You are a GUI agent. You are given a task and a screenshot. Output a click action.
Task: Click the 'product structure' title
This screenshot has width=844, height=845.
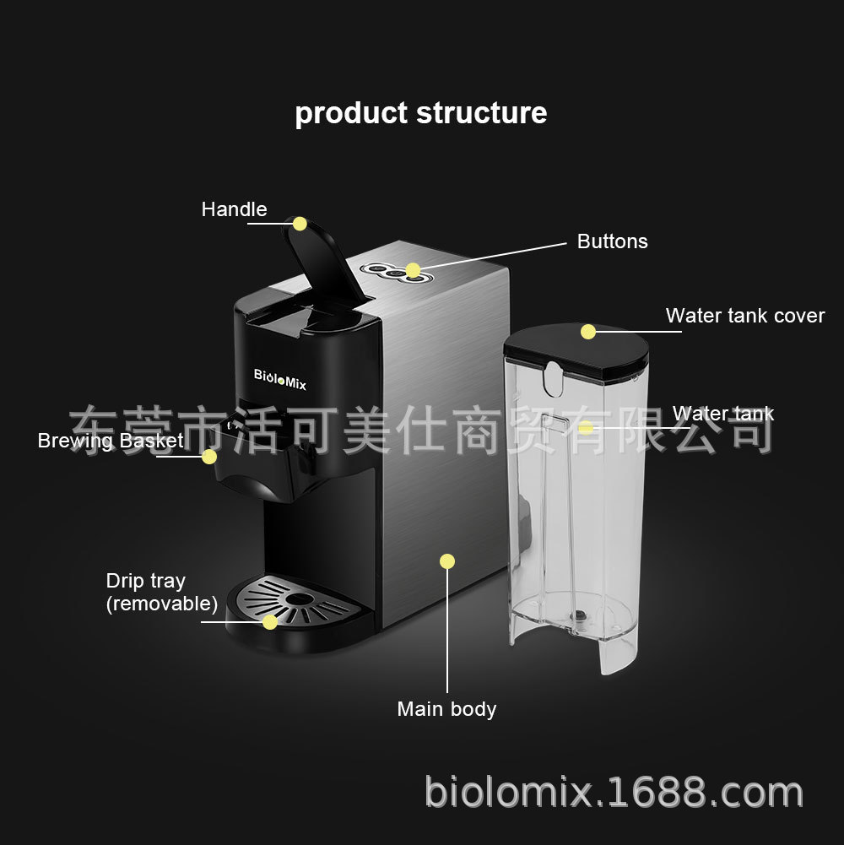pyautogui.click(x=421, y=114)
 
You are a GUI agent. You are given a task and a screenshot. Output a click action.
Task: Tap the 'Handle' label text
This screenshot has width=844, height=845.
pyautogui.click(x=234, y=209)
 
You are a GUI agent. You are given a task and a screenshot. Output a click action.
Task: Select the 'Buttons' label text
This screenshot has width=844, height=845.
pyautogui.click(x=612, y=241)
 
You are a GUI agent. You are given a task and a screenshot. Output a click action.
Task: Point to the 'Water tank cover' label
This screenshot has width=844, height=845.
pyautogui.click(x=745, y=316)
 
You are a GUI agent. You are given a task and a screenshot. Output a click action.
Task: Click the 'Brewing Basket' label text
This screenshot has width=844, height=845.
pyautogui.click(x=111, y=441)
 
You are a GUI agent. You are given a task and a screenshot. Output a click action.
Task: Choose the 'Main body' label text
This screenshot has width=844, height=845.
pyautogui.click(x=446, y=709)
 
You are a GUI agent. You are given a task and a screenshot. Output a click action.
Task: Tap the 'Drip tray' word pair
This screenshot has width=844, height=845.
pyautogui.click(x=145, y=581)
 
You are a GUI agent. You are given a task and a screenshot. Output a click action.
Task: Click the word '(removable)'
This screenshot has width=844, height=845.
pyautogui.click(x=162, y=604)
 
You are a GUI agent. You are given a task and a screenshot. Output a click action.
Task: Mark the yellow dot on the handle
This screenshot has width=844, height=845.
pyautogui.click(x=300, y=224)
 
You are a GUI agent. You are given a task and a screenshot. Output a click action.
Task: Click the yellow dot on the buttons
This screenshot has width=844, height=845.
pyautogui.click(x=413, y=270)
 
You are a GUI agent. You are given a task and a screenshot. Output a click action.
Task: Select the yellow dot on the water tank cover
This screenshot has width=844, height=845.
pyautogui.click(x=588, y=332)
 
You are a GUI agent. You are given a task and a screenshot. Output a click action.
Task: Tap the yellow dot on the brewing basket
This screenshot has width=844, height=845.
pyautogui.click(x=209, y=457)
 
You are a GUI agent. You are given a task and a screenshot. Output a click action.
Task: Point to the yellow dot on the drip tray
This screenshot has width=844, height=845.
pyautogui.click(x=269, y=622)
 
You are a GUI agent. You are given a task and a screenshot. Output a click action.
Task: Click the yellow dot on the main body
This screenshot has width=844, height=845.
pyautogui.click(x=446, y=561)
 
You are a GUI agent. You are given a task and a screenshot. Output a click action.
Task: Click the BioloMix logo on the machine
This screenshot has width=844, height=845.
pyautogui.click(x=279, y=379)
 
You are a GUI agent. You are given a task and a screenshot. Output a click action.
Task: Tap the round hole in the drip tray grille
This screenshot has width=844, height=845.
pyautogui.click(x=299, y=599)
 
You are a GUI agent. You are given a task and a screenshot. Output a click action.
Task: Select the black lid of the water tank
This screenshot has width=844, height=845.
pyautogui.click(x=576, y=351)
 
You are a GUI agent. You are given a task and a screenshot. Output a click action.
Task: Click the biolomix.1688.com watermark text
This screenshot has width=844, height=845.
pyautogui.click(x=614, y=792)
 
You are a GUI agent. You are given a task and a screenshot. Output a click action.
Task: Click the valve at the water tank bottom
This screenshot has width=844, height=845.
pyautogui.click(x=579, y=615)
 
